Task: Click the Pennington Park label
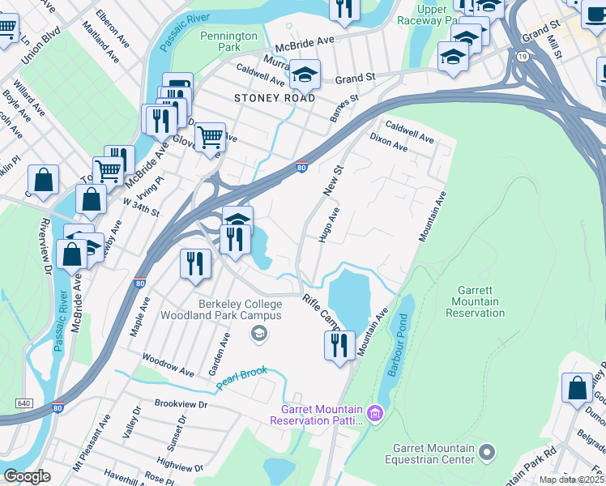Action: click(x=228, y=42)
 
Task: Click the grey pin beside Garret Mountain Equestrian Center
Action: click(x=486, y=450)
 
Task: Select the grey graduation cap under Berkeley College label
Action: click(x=258, y=332)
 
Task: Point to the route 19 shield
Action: click(x=524, y=56)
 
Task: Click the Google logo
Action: click(x=28, y=475)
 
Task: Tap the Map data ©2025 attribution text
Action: click(x=571, y=480)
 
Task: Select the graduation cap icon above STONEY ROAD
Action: click(x=305, y=75)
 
